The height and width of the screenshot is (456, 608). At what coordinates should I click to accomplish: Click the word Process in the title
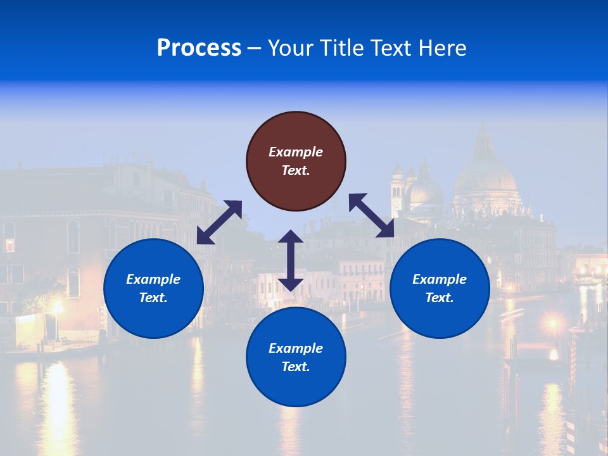[x=199, y=48]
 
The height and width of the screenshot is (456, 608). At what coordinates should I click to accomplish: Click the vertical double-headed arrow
[x=291, y=260]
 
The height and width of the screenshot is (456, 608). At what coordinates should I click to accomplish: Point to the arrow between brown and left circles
[x=219, y=222]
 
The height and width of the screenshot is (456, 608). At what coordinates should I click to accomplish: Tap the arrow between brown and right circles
[x=372, y=215]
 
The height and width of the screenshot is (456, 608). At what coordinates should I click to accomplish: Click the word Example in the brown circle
[x=296, y=152]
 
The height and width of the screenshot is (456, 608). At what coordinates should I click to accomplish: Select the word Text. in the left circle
[x=153, y=298]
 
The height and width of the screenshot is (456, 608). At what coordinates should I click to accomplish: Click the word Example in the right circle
[x=440, y=279]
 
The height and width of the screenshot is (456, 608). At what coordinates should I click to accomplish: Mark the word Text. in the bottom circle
[x=296, y=367]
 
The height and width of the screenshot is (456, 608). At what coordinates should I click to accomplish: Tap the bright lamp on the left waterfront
[x=58, y=309]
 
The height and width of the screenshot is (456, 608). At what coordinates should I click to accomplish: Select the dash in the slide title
[x=255, y=48]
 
